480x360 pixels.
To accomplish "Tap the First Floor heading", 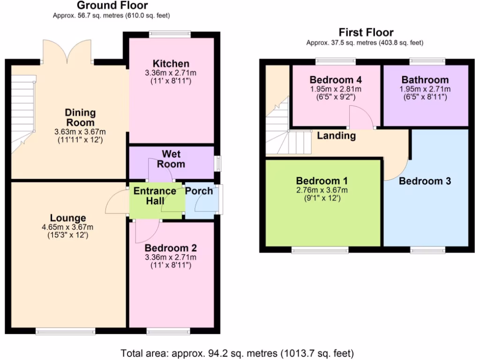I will pos(366,32).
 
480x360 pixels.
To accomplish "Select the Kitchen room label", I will pos(171,64).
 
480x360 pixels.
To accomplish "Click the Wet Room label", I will pos(171,159).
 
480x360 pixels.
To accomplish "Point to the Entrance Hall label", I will pos(155,195).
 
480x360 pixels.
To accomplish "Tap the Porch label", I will pos(199,191).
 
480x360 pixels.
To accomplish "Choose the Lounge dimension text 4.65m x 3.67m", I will pos(68,227).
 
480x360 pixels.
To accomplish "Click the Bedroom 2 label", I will pos(171,248).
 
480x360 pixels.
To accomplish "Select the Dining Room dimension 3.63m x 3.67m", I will pos(80,132).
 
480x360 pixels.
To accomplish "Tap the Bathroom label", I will pos(425,79).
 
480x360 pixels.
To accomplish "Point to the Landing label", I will pos(336,136).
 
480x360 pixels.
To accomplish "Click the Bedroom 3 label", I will pos(425,181).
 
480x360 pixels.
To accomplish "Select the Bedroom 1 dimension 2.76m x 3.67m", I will pos(322,190).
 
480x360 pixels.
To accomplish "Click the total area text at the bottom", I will pos(237,352).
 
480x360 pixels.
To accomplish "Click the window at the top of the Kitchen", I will pos(170,34).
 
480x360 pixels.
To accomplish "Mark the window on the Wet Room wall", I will pos(217,164).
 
